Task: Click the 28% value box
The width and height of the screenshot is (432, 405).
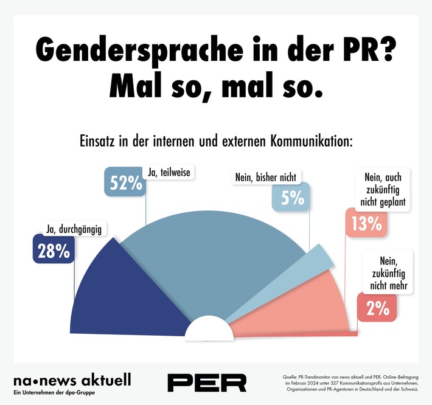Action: [x=54, y=251]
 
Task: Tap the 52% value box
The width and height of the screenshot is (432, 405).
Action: [x=126, y=182]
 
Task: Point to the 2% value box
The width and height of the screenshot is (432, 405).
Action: [x=377, y=308]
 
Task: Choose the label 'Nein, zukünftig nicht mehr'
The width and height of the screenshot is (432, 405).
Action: [x=387, y=275]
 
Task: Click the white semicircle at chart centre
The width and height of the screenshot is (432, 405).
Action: [x=209, y=331]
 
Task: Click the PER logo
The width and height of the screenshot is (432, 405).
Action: [x=207, y=382]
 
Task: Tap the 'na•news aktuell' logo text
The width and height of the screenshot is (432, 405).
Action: [x=72, y=380]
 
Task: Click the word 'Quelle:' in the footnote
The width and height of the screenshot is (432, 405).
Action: [x=291, y=377]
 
